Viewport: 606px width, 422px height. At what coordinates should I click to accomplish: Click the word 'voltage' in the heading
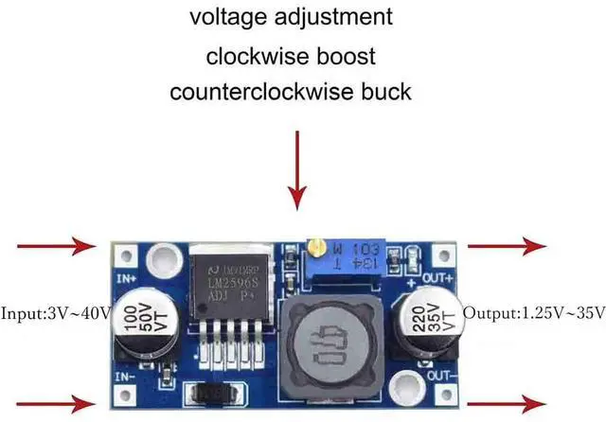[x=228, y=17]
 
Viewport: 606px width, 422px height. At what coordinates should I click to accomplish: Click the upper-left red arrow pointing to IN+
[x=57, y=247]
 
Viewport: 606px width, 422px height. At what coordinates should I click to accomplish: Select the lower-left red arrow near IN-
[x=57, y=400]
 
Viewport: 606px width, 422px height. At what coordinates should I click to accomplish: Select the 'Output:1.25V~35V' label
[x=535, y=313]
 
